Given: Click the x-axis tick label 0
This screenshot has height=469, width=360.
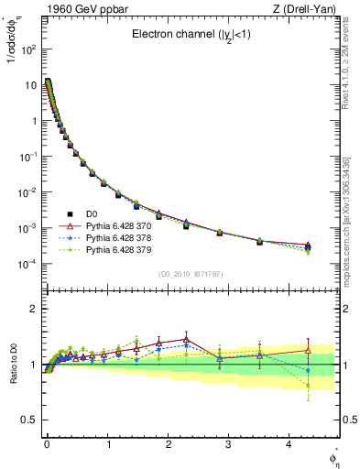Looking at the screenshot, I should (x=46, y=443).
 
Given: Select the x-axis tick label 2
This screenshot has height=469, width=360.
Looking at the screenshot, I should (x=167, y=443).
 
